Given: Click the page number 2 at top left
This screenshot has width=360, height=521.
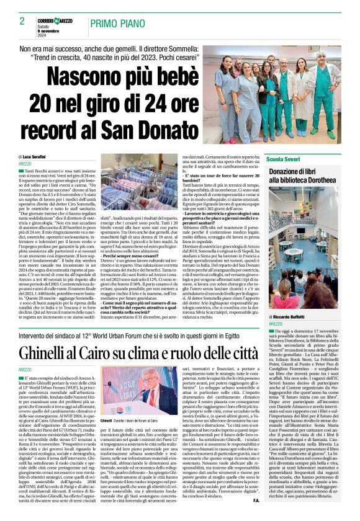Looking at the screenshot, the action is (x=22, y=21).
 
